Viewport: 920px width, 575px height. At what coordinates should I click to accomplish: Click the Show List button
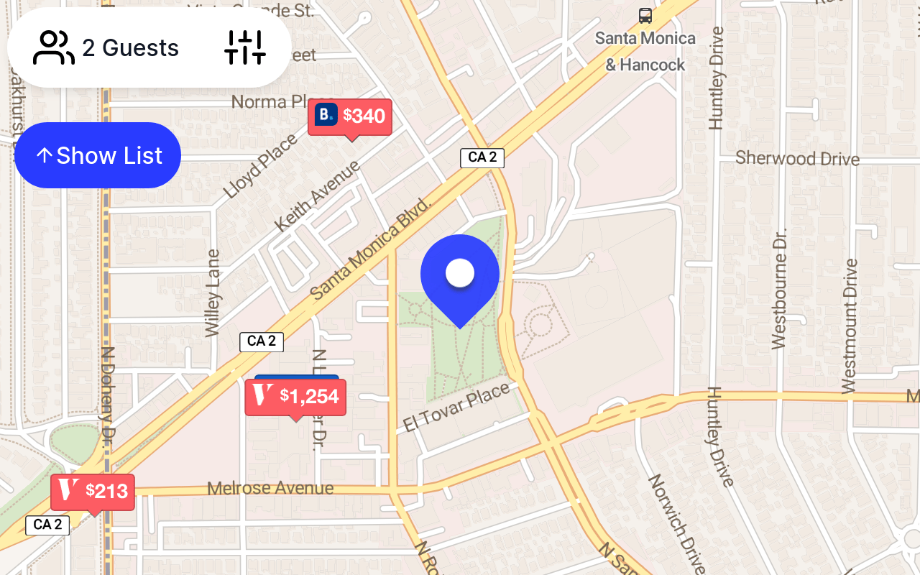click(98, 155)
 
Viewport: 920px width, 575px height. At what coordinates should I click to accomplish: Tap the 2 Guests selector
click(106, 48)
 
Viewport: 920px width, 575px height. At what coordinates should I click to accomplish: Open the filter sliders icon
click(245, 48)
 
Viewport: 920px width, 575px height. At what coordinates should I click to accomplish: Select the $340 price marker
click(350, 116)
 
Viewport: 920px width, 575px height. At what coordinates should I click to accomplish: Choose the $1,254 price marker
click(295, 396)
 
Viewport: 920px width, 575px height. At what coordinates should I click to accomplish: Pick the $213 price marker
click(93, 492)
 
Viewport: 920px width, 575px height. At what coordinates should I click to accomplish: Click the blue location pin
click(460, 274)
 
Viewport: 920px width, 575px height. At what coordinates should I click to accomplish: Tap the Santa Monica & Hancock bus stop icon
click(645, 15)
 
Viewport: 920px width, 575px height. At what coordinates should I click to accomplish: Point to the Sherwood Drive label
click(797, 158)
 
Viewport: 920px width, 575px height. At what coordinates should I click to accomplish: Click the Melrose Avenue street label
click(270, 489)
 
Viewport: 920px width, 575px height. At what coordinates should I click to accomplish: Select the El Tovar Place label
click(456, 407)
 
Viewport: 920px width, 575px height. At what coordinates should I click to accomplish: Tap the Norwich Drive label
click(676, 523)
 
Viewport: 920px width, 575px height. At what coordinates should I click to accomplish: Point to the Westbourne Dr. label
click(780, 288)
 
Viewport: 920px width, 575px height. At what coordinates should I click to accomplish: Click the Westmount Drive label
click(850, 326)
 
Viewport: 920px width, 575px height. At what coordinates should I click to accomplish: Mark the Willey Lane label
click(212, 293)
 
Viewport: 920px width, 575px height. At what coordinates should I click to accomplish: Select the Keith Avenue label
click(317, 195)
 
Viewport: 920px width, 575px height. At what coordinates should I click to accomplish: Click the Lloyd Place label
click(260, 166)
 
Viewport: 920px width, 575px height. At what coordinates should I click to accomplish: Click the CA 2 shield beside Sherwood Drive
click(482, 158)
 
